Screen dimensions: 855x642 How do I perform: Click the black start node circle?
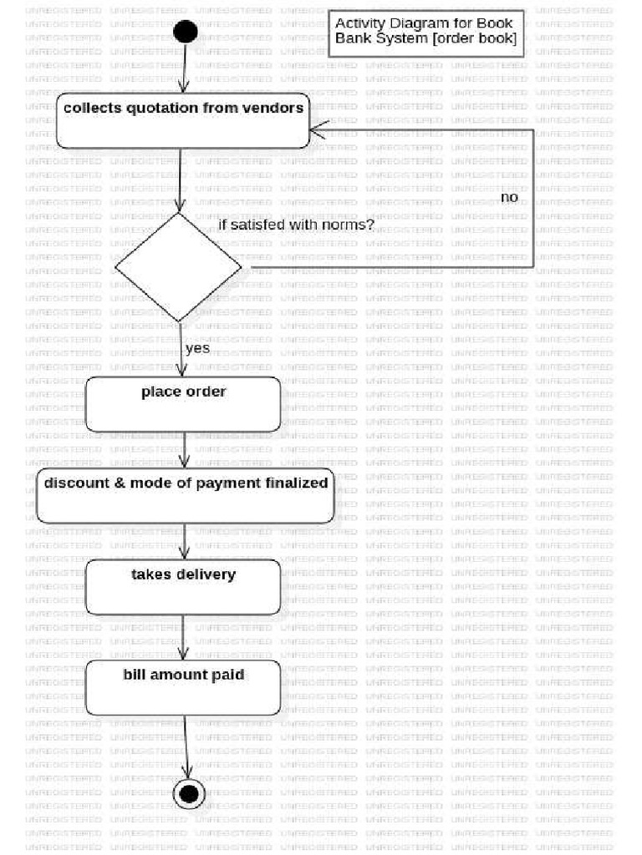tap(185, 32)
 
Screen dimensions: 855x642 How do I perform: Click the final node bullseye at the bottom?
tap(188, 792)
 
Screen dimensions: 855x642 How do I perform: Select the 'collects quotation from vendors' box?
tap(183, 122)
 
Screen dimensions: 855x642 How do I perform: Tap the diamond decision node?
tap(178, 266)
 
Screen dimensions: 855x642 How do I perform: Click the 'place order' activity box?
tap(183, 404)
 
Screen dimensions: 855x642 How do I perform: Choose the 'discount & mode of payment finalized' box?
tap(186, 496)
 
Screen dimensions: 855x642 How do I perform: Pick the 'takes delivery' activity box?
tap(183, 587)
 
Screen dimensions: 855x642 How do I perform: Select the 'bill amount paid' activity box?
tap(183, 687)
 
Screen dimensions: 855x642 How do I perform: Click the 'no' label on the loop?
tap(509, 198)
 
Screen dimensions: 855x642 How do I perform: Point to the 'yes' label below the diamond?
tap(197, 348)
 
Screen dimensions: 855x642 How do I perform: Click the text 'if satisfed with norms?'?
tap(296, 225)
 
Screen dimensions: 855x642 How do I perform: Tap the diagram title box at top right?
tap(426, 32)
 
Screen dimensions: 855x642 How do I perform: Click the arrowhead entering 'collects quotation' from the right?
tap(316, 129)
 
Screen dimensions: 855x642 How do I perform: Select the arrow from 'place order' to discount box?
tap(185, 450)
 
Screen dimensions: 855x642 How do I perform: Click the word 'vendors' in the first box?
tap(273, 108)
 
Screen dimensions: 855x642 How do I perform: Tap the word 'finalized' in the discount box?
tap(297, 483)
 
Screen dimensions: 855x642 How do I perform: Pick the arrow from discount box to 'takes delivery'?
tap(185, 541)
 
